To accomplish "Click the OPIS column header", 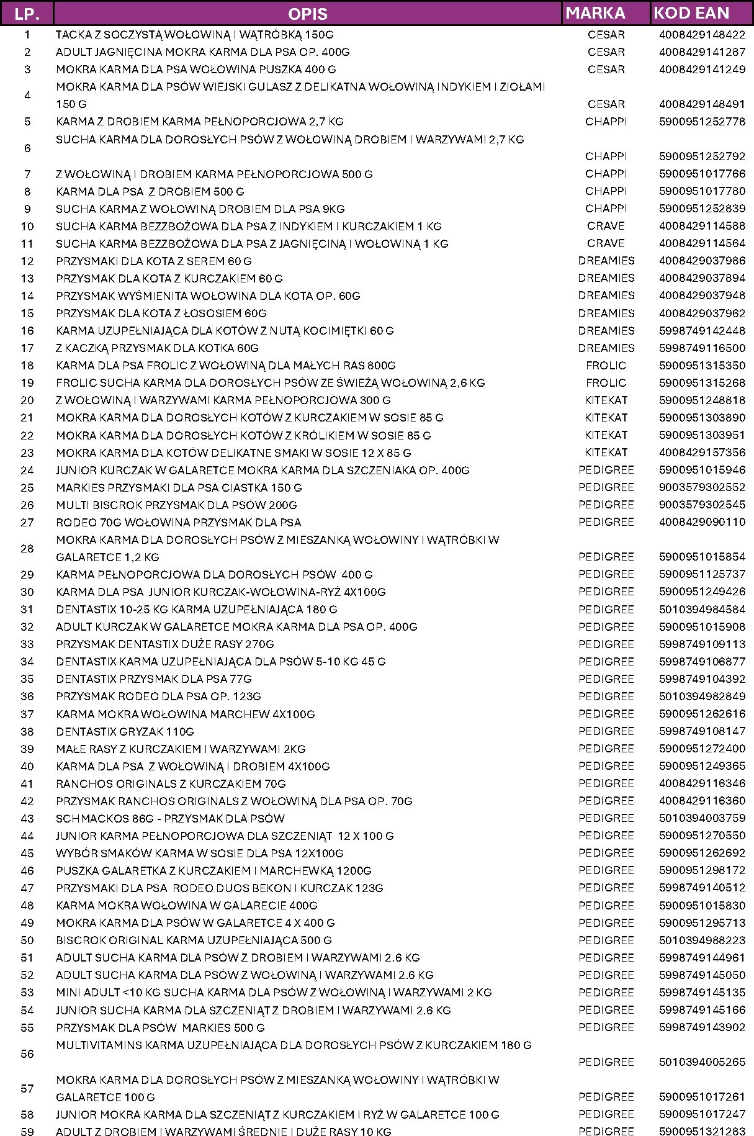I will pyautogui.click(x=308, y=13).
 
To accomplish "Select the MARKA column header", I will pyautogui.click(x=595, y=13).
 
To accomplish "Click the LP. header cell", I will pyautogui.click(x=27, y=13).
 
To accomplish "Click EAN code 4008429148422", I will pyautogui.click(x=702, y=35).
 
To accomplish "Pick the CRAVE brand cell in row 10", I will pyautogui.click(x=606, y=226).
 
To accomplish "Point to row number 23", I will pyautogui.click(x=27, y=453).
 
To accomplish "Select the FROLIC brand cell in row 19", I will pyautogui.click(x=606, y=382).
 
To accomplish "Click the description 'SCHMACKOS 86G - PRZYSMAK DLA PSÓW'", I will pyautogui.click(x=170, y=818).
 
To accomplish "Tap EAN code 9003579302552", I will pyautogui.click(x=702, y=487).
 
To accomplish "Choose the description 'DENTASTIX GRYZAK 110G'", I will pyautogui.click(x=125, y=731).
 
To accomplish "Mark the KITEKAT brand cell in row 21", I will pyautogui.click(x=606, y=417).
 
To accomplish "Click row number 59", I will pyautogui.click(x=27, y=1131).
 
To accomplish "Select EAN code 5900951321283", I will pyautogui.click(x=702, y=1131).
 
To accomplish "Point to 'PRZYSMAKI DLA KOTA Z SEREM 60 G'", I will pyautogui.click(x=154, y=261).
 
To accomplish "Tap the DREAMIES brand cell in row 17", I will pyautogui.click(x=606, y=348).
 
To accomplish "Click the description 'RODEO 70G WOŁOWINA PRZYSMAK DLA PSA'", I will pyautogui.click(x=178, y=522).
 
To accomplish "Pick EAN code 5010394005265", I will pyautogui.click(x=702, y=1062).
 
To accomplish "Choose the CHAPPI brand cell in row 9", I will pyautogui.click(x=606, y=209).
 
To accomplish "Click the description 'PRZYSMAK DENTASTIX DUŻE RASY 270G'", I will pyautogui.click(x=164, y=644).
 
